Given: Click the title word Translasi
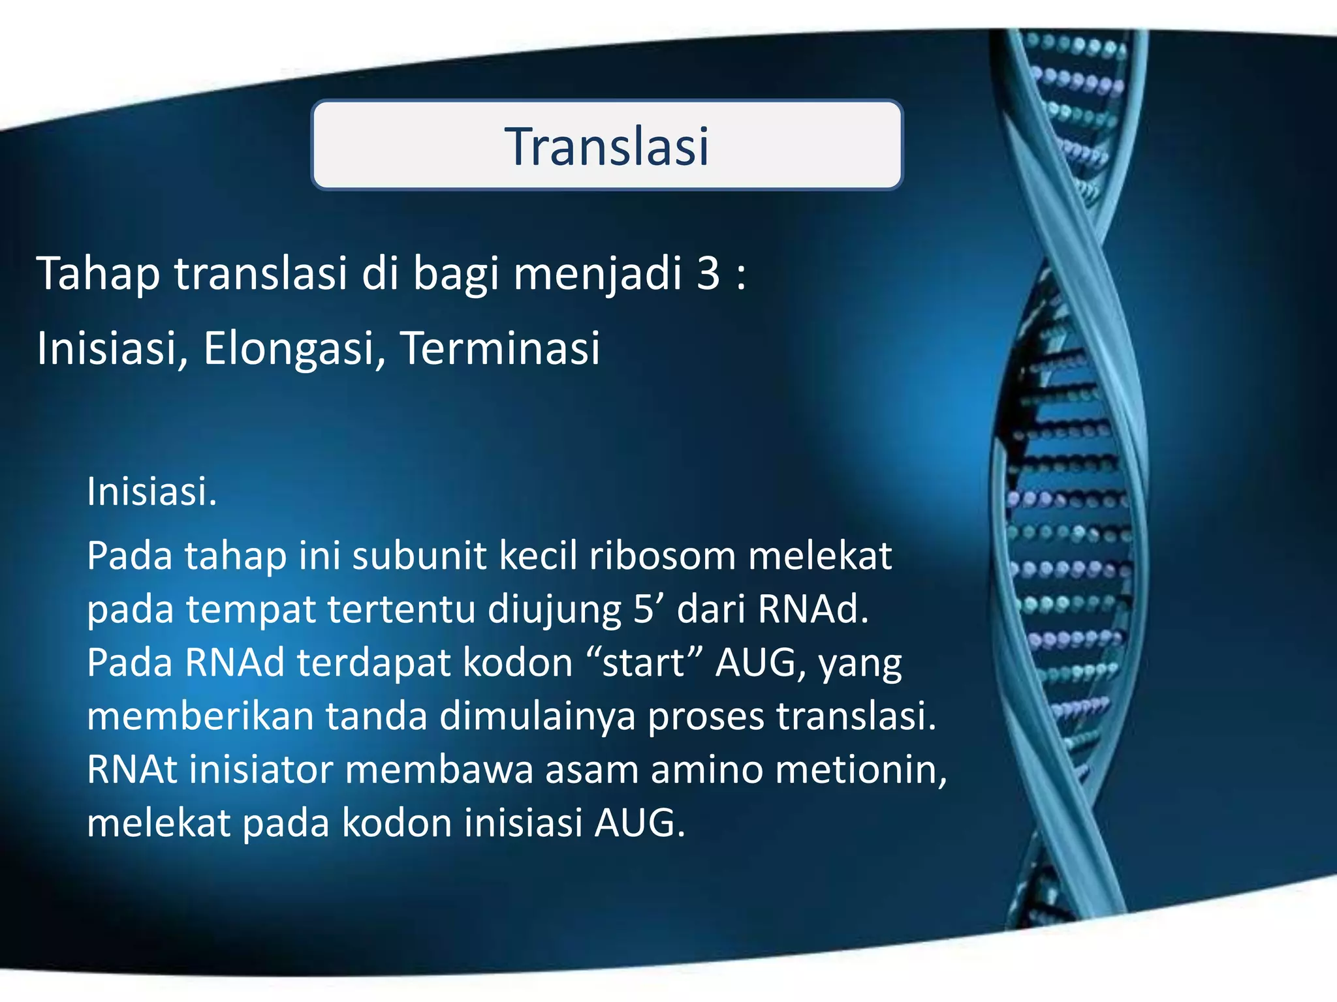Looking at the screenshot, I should pyautogui.click(x=606, y=146).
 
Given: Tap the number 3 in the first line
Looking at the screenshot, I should pyautogui.click(x=708, y=273).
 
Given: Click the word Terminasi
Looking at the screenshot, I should pyautogui.click(x=500, y=348).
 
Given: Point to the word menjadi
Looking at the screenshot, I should pyautogui.click(x=597, y=275).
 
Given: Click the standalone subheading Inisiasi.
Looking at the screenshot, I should pyautogui.click(x=151, y=491).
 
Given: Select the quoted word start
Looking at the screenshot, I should pyautogui.click(x=643, y=663).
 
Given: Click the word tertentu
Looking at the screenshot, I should pyautogui.click(x=401, y=609).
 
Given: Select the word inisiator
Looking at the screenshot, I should pyautogui.click(x=261, y=770).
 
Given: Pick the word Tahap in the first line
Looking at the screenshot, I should pyautogui.click(x=98, y=275).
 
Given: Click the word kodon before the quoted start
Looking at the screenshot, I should pyautogui.click(x=517, y=663).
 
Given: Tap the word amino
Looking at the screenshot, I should pyautogui.click(x=707, y=770).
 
